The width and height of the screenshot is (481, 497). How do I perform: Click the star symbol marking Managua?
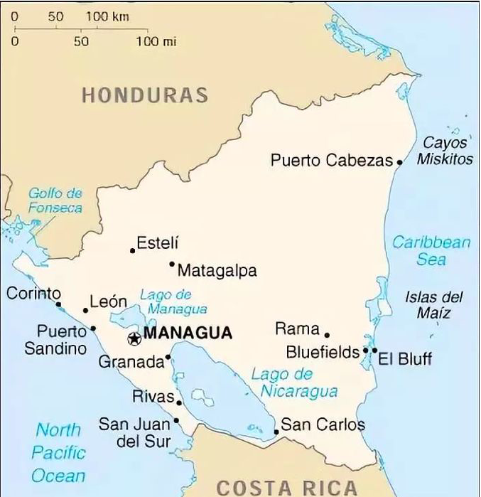(134, 339)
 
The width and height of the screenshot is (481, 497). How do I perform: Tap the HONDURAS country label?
(145, 95)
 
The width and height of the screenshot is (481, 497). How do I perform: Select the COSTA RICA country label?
(286, 487)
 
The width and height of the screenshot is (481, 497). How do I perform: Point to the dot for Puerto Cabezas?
(399, 162)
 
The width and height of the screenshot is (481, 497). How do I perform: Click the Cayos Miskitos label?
(445, 151)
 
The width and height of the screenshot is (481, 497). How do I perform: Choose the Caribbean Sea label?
(431, 250)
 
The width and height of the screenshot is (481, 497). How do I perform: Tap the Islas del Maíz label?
(434, 305)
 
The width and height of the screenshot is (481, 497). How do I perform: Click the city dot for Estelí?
(132, 250)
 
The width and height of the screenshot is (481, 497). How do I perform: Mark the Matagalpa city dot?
(172, 264)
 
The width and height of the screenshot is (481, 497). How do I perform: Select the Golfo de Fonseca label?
(55, 201)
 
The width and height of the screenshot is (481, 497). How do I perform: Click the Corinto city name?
(33, 293)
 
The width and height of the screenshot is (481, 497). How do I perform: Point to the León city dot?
(86, 310)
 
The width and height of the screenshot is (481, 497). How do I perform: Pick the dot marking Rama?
(327, 335)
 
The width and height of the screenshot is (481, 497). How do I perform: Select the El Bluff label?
(405, 358)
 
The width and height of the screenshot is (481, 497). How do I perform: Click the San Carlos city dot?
(276, 432)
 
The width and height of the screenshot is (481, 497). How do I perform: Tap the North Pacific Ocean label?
(59, 452)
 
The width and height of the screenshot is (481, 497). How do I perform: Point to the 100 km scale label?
(107, 16)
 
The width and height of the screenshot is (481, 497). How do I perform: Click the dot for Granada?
(168, 357)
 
